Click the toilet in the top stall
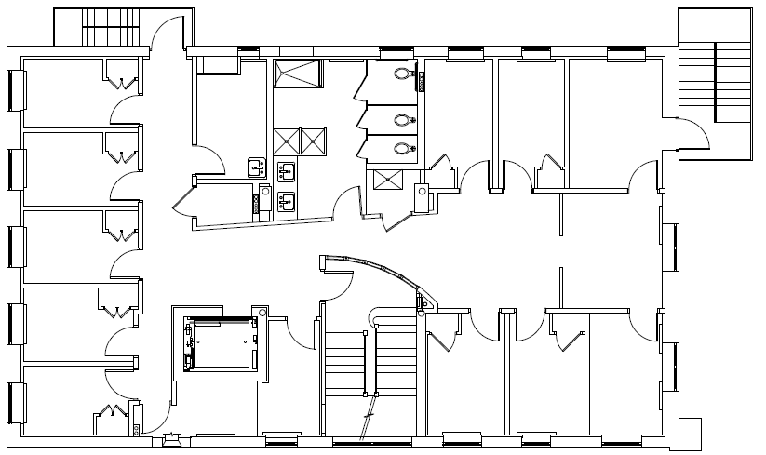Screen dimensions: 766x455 402,74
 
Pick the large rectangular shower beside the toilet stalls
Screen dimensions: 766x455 297,74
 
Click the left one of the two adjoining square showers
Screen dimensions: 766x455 286,141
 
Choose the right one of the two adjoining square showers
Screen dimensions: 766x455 314,141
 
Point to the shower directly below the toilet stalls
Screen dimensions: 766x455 383,179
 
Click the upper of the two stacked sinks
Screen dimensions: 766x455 287,171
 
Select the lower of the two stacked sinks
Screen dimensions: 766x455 287,199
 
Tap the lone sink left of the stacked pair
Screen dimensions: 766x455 254,167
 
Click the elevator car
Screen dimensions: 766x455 222,344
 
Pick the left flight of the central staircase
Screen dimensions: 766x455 341,368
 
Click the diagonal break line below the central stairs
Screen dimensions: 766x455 371,409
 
